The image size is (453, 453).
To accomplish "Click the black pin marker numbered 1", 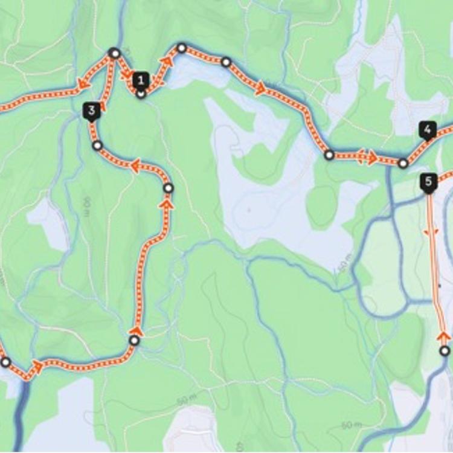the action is click(x=141, y=80).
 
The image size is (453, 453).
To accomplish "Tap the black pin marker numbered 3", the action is click(x=91, y=111).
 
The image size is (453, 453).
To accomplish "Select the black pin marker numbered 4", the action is click(x=427, y=129).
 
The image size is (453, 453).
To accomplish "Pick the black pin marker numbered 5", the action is click(x=428, y=181).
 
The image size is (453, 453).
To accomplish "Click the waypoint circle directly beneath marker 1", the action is click(x=141, y=94).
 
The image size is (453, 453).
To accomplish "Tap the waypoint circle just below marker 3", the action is click(x=97, y=145).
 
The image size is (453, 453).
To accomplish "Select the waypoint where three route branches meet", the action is click(x=114, y=53).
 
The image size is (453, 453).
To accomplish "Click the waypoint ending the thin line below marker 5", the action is click(x=445, y=350).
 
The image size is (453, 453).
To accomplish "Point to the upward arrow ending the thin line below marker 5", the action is click(x=443, y=336).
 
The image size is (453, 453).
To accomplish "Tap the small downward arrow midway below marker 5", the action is click(x=432, y=231).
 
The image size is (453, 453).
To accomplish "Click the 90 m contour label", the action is click(x=86, y=205).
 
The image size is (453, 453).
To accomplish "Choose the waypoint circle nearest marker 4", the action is click(x=403, y=162).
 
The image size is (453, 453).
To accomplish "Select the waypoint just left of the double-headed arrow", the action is click(x=329, y=155).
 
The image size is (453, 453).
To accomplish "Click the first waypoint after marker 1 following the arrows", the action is click(x=181, y=47).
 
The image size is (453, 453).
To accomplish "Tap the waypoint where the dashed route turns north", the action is click(x=134, y=341).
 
